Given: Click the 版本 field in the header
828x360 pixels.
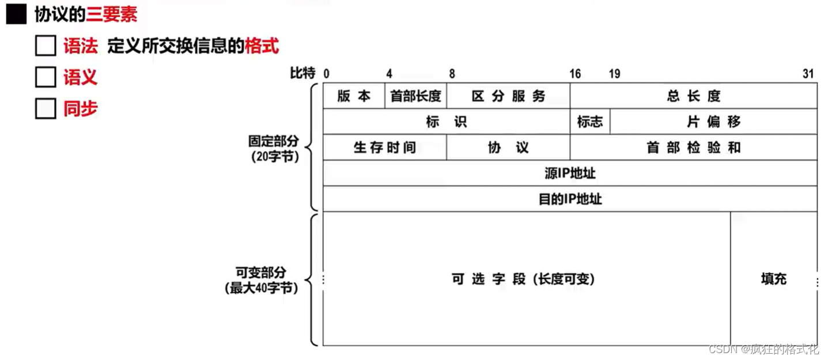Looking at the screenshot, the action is coord(354,96).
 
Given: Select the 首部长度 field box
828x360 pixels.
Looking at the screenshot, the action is coord(415,96).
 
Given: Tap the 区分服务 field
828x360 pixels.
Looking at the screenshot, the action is coord(508,96).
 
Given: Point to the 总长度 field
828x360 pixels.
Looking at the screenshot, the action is coord(693,96).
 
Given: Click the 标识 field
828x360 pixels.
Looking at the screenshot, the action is coord(447,122).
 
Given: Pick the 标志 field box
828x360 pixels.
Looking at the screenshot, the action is coord(590,122).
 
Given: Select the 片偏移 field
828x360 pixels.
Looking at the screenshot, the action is coord(713,122).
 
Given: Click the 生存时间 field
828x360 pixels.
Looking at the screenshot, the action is coord(384,147).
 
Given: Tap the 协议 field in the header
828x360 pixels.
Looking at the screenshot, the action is coord(508,147).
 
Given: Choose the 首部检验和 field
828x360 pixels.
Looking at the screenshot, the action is coord(693,147).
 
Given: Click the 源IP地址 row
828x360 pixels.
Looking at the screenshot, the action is coord(570,173).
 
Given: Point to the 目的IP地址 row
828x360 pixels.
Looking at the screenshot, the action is coord(570,199).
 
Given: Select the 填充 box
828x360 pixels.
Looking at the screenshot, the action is coord(773,279).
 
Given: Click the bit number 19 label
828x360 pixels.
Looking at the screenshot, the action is coord(614,74).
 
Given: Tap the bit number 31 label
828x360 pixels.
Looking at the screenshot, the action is coord(808,74).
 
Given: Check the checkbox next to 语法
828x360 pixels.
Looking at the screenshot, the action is coord(46,46).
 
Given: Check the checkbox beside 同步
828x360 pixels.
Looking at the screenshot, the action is coord(46,109).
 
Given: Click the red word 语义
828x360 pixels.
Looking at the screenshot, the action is coord(80,78).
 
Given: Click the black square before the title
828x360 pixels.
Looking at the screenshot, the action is coord(16,15).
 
